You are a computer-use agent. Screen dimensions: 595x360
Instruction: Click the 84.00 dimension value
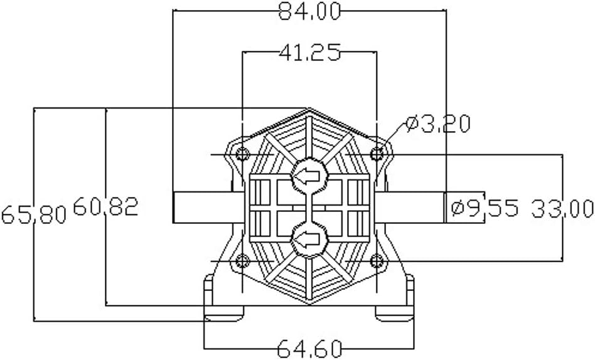(x=309, y=11)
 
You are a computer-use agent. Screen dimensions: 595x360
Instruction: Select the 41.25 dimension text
(x=309, y=52)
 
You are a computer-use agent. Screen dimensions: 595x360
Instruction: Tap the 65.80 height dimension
(x=34, y=214)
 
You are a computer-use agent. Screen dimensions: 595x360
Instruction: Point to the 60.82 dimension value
(x=105, y=206)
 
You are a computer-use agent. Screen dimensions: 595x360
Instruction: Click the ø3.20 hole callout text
(x=437, y=124)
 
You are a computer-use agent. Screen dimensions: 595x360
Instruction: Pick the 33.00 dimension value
(x=562, y=209)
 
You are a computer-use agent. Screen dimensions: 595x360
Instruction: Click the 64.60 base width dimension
(x=309, y=348)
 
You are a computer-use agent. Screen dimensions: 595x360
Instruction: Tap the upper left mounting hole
(x=242, y=154)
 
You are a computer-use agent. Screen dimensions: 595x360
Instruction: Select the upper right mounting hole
(x=377, y=154)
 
